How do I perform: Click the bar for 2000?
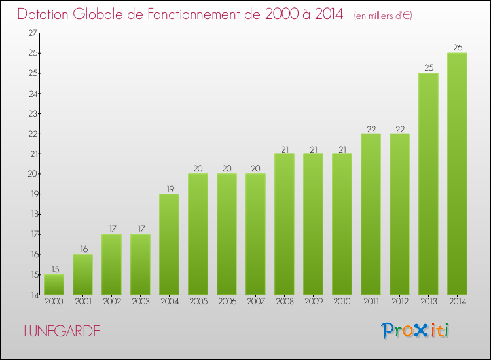(x=54, y=285)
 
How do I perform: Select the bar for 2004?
(x=169, y=244)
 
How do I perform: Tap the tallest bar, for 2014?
(x=457, y=173)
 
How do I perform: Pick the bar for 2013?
(x=428, y=184)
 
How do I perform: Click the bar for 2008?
(x=284, y=224)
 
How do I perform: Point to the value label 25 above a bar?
(x=428, y=67)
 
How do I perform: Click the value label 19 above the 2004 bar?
(x=169, y=189)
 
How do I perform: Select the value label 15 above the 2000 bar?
(x=54, y=269)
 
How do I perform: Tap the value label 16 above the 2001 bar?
(x=82, y=249)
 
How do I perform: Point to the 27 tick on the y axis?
(x=31, y=33)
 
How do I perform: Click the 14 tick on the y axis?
(x=31, y=295)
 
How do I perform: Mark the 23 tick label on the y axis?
(x=31, y=113)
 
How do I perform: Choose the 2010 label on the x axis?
(x=342, y=302)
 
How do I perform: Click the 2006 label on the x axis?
(x=227, y=302)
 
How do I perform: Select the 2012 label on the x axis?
(x=399, y=302)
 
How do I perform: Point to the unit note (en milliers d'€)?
(x=383, y=16)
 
